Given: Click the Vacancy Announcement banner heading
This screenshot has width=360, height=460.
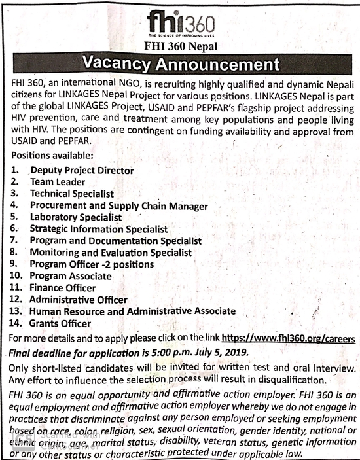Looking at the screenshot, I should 180,65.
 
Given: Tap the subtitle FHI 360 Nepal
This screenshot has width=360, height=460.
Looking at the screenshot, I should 180,46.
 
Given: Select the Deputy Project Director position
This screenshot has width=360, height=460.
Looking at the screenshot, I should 82,171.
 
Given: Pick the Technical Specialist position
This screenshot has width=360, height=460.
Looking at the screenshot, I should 72,194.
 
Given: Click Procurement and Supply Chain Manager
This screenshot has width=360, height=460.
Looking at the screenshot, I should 118,206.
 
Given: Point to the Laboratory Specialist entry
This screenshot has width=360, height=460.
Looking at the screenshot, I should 76,217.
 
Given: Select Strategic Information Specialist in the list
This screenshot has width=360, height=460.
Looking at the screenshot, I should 99,230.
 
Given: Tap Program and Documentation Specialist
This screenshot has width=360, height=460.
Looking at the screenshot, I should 115,241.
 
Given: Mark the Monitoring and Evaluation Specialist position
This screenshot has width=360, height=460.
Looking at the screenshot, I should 111,253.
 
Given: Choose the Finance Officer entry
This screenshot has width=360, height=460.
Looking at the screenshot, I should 63,288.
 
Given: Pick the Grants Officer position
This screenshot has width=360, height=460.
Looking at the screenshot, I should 60,323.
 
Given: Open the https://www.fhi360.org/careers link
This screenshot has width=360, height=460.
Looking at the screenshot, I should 289,339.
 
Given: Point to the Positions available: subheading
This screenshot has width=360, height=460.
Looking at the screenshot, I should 52,156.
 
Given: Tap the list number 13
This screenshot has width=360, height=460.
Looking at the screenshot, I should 18,311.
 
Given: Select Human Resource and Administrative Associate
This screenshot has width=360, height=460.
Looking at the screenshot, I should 132,311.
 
